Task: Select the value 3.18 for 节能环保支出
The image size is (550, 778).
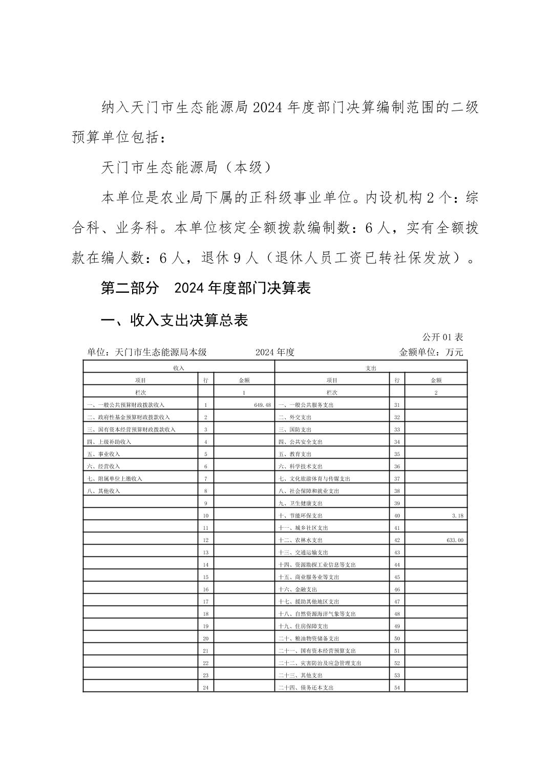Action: point(457,515)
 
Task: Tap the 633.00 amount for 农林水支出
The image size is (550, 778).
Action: point(455,540)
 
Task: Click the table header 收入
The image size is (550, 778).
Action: point(179,368)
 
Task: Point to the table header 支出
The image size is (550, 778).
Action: point(371,368)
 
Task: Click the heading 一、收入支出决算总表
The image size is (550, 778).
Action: point(174,320)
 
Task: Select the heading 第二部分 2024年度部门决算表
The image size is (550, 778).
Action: point(206,288)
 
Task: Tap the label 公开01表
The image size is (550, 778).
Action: point(442,337)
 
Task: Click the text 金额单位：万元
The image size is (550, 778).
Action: point(431,352)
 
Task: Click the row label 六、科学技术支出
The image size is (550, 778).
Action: point(301,466)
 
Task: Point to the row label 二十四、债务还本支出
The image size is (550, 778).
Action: point(306,687)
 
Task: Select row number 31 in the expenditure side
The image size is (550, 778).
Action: point(397,405)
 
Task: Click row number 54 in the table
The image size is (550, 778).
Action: point(397,687)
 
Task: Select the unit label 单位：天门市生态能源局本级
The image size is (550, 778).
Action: point(146,352)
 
